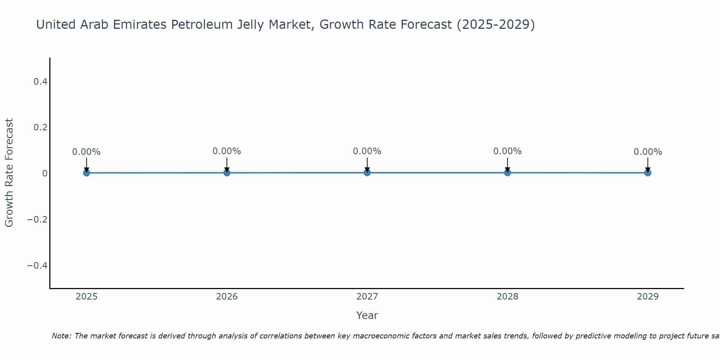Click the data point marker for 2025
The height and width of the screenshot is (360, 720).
(x=86, y=173)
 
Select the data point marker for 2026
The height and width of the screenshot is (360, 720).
(x=227, y=173)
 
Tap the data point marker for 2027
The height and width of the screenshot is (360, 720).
(x=367, y=173)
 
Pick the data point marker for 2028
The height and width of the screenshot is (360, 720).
(x=508, y=173)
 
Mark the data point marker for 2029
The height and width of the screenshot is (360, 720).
(x=648, y=173)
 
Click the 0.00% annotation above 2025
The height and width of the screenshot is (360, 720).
(x=86, y=152)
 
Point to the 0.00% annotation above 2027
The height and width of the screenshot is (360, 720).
(x=367, y=151)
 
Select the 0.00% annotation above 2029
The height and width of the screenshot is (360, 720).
(x=648, y=152)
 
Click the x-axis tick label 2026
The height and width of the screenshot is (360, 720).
(x=227, y=297)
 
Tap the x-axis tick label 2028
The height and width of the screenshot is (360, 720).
(x=508, y=297)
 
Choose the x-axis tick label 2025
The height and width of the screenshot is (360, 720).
(x=87, y=297)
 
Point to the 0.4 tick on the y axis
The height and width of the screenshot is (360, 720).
(x=40, y=82)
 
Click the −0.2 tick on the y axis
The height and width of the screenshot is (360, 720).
(x=37, y=220)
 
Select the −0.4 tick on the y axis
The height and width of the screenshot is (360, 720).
(x=37, y=266)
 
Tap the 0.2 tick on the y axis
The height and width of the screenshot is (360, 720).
(x=40, y=127)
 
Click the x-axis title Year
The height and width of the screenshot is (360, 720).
(x=367, y=316)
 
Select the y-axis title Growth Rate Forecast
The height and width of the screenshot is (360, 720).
(x=9, y=173)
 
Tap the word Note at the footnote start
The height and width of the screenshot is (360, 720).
(x=61, y=336)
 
